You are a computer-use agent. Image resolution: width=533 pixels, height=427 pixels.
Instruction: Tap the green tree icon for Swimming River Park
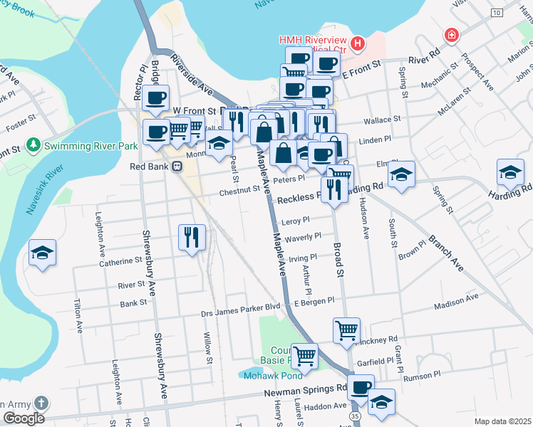click(33, 145)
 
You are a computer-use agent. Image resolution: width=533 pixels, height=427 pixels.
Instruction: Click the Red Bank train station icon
click(177, 167)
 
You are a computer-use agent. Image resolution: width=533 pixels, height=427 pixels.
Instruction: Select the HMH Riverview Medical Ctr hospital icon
click(357, 45)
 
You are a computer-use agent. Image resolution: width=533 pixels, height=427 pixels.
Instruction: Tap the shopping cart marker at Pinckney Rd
click(346, 331)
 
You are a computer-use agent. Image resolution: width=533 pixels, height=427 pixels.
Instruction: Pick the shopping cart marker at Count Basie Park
click(305, 356)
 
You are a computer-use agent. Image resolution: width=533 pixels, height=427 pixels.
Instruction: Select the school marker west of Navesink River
click(42, 253)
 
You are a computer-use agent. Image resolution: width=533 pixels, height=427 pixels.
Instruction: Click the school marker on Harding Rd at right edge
click(510, 174)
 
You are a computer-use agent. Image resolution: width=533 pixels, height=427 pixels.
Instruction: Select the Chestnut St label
click(240, 190)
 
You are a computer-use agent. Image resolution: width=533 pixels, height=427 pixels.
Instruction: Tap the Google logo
click(23, 418)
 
